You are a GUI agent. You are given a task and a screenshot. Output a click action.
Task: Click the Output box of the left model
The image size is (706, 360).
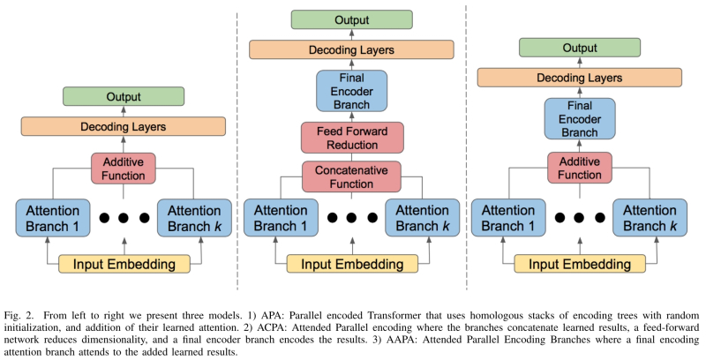pos(124,96)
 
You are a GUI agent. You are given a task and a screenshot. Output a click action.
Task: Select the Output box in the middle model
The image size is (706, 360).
pos(352,19)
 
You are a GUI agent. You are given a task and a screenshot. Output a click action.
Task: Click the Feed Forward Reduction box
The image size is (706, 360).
pos(352,137)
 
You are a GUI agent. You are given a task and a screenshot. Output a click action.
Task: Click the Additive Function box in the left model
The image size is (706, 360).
pos(124,168)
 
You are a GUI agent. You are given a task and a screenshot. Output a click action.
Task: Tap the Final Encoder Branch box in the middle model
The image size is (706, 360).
pos(352,89)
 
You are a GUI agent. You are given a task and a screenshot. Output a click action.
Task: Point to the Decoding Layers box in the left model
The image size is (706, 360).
pos(124,126)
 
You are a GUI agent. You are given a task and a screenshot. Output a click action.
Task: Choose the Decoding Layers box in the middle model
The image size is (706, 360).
pos(352,50)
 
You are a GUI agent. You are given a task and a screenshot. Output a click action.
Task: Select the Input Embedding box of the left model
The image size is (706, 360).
pos(124,264)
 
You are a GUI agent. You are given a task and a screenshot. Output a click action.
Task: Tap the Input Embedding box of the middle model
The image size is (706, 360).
pos(352,264)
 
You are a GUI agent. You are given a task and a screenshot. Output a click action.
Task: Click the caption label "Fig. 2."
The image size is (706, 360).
pos(19,315)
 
